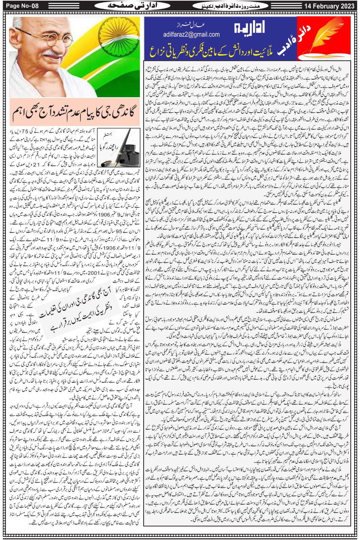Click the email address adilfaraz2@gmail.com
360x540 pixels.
click(x=191, y=34)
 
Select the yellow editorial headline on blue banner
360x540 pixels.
click(x=215, y=51)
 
